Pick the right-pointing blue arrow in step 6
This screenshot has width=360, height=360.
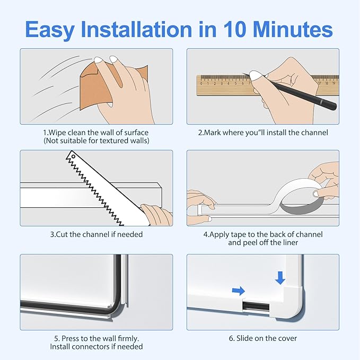[239, 290]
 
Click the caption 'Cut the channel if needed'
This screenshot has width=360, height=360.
[96, 234]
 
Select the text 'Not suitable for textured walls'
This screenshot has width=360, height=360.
[96, 141]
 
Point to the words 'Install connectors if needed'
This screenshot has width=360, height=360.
[96, 347]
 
